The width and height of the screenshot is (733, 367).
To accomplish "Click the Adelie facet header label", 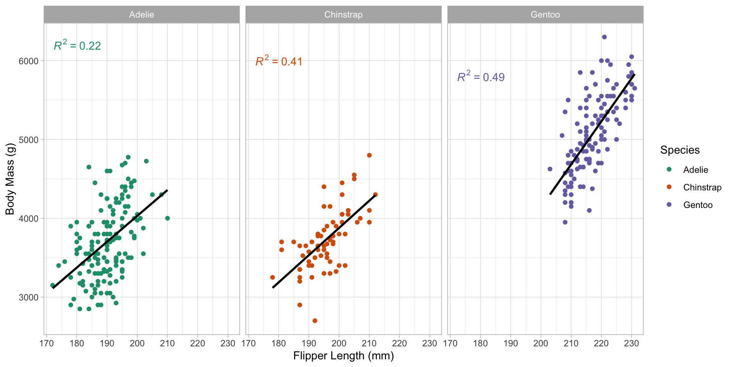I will tap(142, 15).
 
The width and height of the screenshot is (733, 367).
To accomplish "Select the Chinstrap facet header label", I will tap(343, 15).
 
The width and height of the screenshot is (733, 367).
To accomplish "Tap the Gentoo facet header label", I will tap(545, 15).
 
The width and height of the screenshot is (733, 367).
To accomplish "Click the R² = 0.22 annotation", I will tap(77, 45).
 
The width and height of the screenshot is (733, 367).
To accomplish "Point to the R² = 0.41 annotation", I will tap(279, 61).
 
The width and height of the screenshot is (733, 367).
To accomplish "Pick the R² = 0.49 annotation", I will tap(481, 77).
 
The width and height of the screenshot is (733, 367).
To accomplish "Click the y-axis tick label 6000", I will tap(29, 61).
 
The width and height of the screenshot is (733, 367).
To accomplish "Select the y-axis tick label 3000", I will tap(29, 297).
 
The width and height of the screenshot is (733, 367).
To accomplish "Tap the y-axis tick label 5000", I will tap(29, 140).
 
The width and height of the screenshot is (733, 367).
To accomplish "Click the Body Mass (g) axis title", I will tap(10, 179).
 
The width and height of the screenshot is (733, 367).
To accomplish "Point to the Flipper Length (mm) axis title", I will tap(343, 356).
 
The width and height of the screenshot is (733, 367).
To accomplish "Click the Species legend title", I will tap(680, 150).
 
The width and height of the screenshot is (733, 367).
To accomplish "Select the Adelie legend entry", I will tap(695, 170).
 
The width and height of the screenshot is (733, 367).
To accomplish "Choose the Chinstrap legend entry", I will tap(702, 187).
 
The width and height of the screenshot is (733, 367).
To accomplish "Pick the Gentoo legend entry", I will tap(697, 205).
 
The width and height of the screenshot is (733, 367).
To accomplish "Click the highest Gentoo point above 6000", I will tap(604, 37).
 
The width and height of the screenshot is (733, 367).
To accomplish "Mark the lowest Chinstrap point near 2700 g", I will tap(315, 321).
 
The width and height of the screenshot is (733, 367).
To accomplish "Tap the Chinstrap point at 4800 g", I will tap(369, 155).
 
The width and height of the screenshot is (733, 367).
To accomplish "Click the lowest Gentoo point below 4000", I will tap(565, 222).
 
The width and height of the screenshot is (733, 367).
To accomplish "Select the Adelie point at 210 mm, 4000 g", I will tap(167, 218).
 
